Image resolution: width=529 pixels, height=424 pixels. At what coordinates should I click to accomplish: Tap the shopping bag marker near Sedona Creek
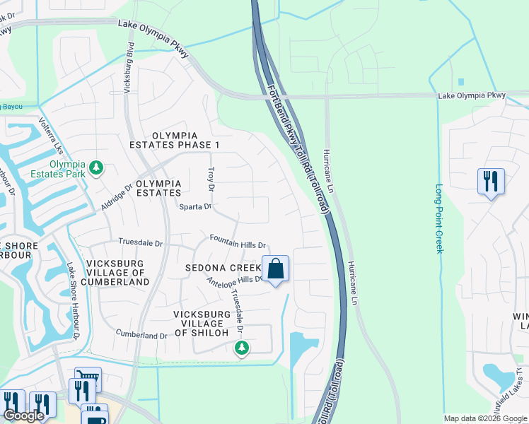tap(275, 269)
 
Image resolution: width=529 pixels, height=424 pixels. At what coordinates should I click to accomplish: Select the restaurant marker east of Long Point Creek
tap(490, 182)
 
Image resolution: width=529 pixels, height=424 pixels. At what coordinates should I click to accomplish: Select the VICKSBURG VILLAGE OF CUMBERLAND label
tap(117, 272)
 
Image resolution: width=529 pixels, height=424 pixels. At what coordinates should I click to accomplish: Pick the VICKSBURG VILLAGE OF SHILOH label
tap(202, 323)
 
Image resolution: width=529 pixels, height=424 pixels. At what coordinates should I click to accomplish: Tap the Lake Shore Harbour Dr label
tap(73, 300)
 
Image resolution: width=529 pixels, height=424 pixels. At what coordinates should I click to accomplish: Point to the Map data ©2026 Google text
tap(484, 418)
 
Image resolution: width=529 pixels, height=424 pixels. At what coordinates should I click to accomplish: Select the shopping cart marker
tap(88, 377)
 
